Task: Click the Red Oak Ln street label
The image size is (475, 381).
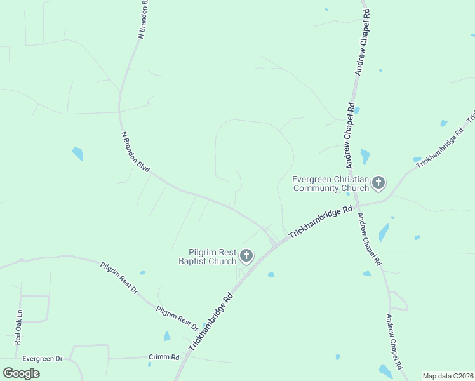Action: (18, 327)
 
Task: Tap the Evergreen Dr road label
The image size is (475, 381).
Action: (43, 359)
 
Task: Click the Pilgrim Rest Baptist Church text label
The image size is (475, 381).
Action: (208, 257)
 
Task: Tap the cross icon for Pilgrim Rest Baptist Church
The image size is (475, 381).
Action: (246, 257)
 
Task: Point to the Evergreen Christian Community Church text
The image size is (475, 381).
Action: (330, 184)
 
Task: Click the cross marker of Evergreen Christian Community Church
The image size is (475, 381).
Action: (378, 184)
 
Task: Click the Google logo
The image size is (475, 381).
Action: (21, 373)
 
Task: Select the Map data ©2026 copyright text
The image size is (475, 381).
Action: (448, 376)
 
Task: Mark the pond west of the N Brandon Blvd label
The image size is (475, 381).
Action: (77, 154)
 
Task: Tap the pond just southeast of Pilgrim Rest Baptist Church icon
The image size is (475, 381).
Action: (271, 275)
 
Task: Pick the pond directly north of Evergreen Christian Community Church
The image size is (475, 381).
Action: (365, 156)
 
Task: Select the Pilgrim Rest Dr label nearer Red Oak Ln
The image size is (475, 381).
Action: (119, 277)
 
